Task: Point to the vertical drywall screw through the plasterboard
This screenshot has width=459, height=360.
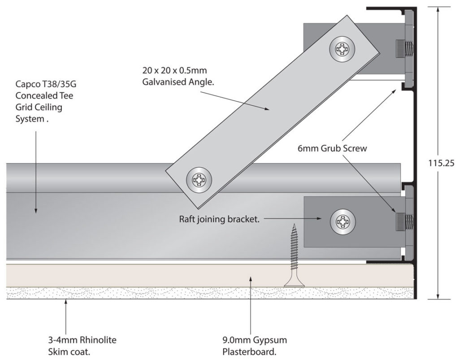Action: pos(294,256)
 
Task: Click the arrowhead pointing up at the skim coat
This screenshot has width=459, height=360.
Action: pos(66,303)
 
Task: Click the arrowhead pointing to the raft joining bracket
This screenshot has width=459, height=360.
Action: pos(321,219)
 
